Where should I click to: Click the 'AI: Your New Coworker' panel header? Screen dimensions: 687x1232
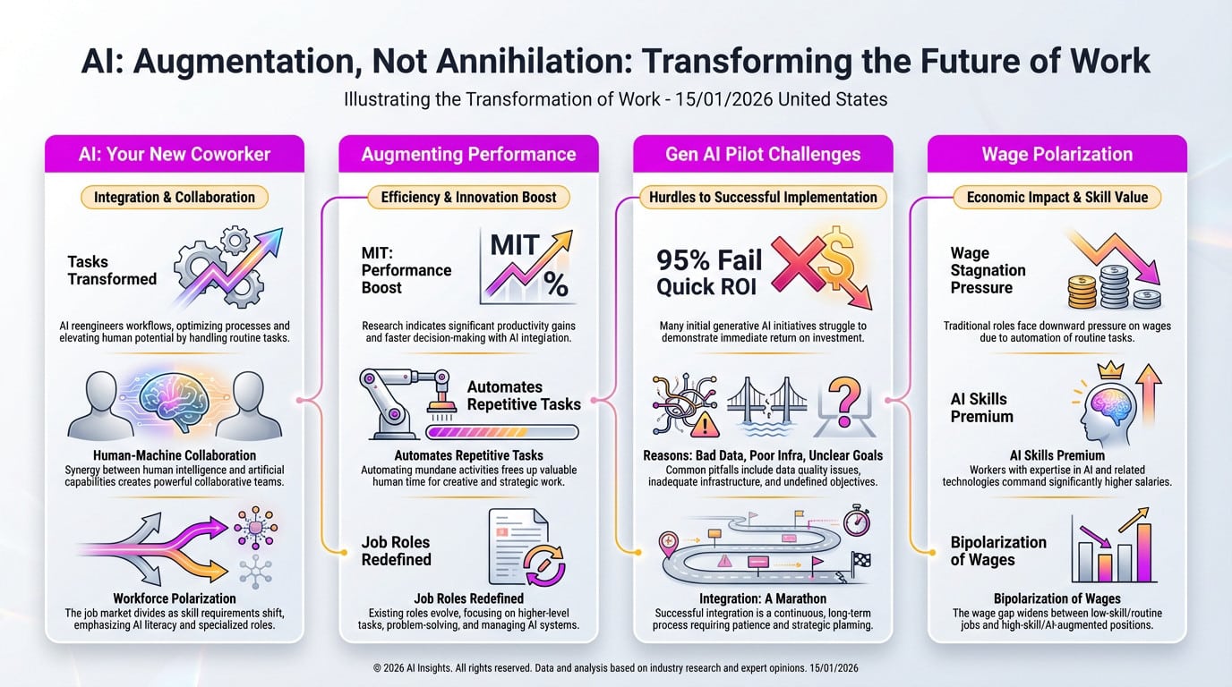point(175,154)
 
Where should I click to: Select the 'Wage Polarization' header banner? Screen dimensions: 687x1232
point(1057,154)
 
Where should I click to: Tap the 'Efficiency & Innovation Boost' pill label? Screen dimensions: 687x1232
point(468,197)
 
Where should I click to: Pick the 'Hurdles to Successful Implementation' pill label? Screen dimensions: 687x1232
point(763,197)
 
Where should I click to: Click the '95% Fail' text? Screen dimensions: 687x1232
point(709,260)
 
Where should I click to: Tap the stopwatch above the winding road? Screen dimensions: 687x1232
point(857,522)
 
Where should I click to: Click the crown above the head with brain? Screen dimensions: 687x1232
point(1111,369)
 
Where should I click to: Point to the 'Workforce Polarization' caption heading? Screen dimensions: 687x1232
point(175,598)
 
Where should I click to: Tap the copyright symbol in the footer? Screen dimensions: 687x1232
point(377,668)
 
